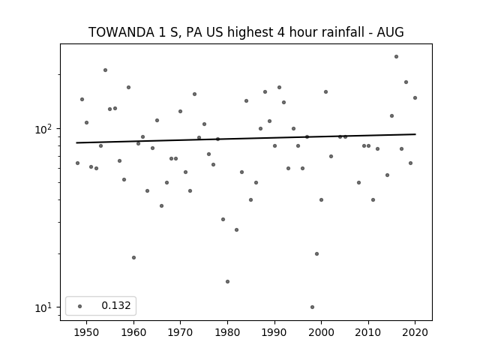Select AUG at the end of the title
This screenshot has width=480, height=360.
(x=390, y=32)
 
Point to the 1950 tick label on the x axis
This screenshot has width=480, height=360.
(x=87, y=332)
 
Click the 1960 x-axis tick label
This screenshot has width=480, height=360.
(x=133, y=332)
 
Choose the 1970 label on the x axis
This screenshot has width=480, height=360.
(x=180, y=332)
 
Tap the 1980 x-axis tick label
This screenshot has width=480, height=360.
(x=227, y=332)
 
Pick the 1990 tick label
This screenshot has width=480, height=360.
(x=274, y=332)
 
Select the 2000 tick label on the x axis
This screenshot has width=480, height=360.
(x=321, y=332)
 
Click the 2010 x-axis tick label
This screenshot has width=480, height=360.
(x=368, y=332)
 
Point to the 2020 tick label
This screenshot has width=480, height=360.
(x=415, y=332)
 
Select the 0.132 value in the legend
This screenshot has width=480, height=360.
(x=116, y=305)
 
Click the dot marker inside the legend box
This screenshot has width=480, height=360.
(x=79, y=306)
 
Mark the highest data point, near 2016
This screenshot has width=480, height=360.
(x=396, y=57)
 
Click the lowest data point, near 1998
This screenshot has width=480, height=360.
(x=312, y=307)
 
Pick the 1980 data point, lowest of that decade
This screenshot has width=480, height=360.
(x=227, y=282)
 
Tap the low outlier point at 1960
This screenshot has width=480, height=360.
(x=133, y=258)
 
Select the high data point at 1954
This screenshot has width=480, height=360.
(x=105, y=70)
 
